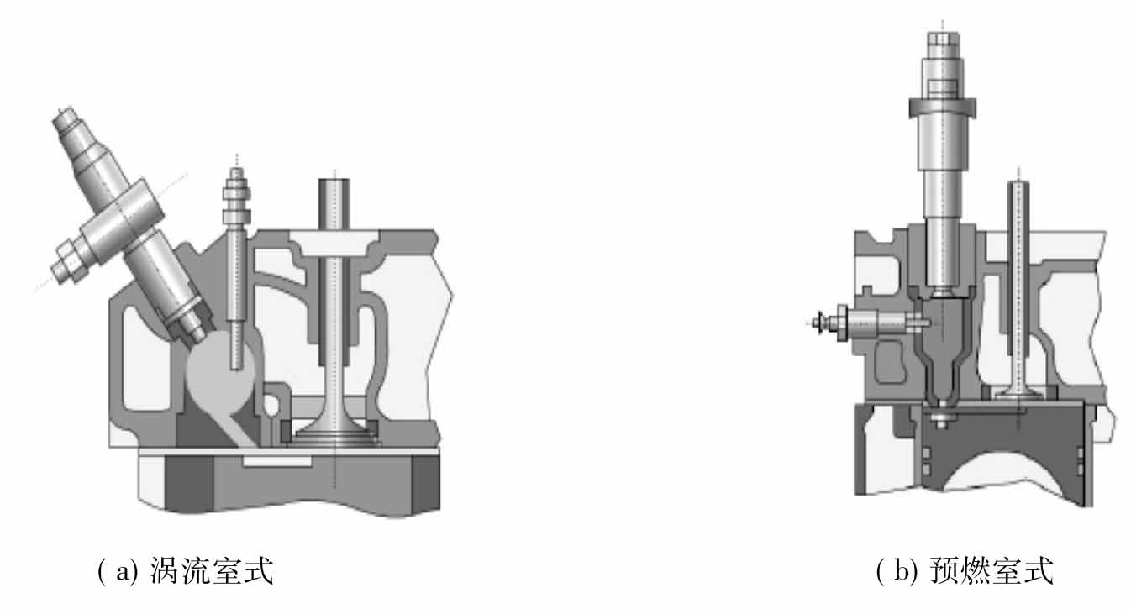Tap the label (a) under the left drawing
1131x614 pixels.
pyautogui.click(x=118, y=571)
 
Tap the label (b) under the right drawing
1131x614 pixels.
pyautogui.click(x=897, y=571)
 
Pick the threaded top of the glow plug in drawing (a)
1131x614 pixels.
pyautogui.click(x=236, y=197)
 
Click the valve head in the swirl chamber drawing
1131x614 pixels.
pyautogui.click(x=335, y=434)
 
